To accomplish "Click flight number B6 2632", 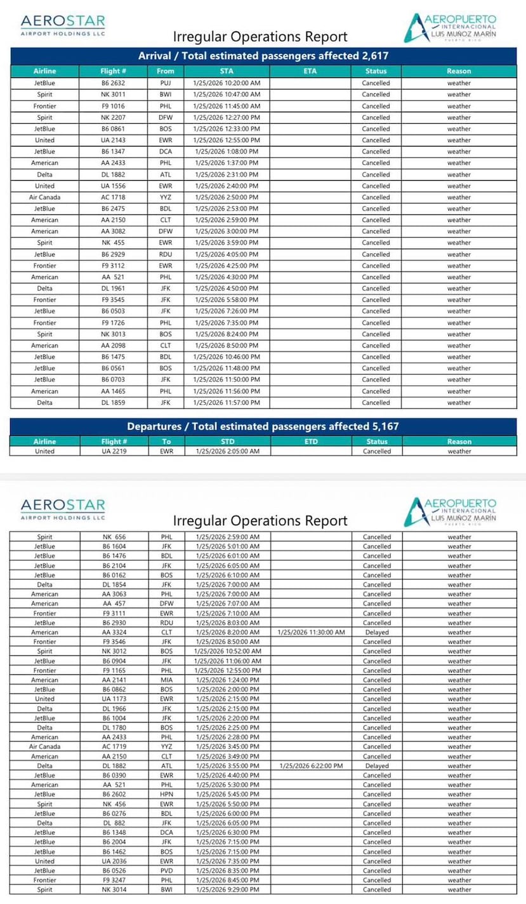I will [114, 83].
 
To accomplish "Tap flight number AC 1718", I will [114, 197].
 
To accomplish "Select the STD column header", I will [227, 442].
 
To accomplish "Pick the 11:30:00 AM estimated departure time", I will [311, 632].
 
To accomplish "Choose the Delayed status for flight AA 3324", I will [377, 632].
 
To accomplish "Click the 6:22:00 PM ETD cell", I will [311, 766].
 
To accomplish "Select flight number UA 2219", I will [114, 451].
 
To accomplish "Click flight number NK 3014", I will [114, 889].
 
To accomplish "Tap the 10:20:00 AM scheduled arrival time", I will [227, 83].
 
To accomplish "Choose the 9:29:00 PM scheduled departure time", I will [227, 889].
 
